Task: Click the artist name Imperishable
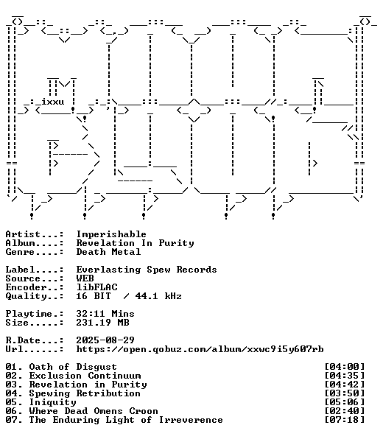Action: point(111,234)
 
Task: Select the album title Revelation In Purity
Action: point(136,243)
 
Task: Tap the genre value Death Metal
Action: point(108,252)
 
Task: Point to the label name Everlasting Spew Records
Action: point(147,270)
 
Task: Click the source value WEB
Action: point(85,278)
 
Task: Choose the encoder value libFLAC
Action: point(97,287)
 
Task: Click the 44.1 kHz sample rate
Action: point(158,296)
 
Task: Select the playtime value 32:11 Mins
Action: point(105,314)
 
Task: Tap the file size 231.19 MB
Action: point(103,323)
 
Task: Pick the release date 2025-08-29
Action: point(105,340)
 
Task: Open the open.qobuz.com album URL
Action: point(200,349)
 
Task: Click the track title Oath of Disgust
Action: point(73,367)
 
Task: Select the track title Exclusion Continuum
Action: point(85,376)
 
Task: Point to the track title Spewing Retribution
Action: point(85,393)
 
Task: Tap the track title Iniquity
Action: point(53,402)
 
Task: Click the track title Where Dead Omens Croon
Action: point(94,411)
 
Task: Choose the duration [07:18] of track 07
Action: point(345,420)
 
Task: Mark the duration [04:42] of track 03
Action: point(345,385)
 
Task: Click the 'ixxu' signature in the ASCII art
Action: point(53,102)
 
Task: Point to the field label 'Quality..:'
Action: point(35,296)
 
